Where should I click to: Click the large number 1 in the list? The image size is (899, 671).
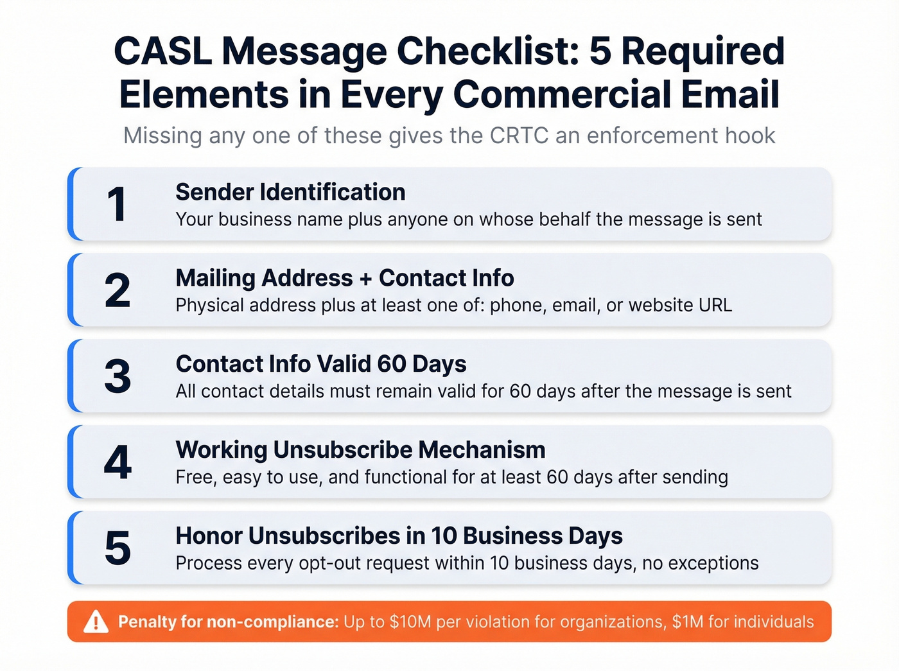[x=116, y=205]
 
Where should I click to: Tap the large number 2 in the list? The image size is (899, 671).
[x=118, y=291]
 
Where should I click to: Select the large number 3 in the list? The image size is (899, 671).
[x=118, y=376]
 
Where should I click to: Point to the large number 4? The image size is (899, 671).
[x=118, y=462]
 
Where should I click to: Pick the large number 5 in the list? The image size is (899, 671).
[x=118, y=548]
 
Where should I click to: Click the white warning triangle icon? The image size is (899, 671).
[x=96, y=622]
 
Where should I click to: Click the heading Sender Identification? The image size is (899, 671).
[x=290, y=192]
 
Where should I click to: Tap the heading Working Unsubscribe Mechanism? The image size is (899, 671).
[x=360, y=449]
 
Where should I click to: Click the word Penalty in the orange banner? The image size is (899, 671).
[x=146, y=622]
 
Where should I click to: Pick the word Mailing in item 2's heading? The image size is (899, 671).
[x=215, y=278]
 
